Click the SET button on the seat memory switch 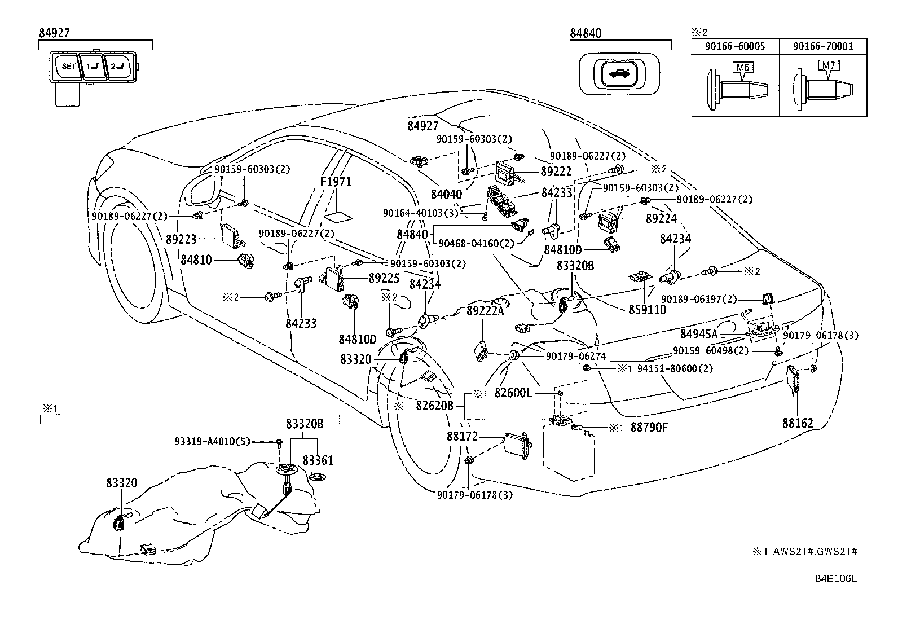68,67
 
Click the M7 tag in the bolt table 827,65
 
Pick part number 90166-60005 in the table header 736,46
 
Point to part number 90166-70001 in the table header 823,46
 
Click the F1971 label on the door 336,182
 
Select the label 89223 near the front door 182,239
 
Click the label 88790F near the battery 649,428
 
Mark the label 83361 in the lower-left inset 318,460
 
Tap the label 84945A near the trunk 699,334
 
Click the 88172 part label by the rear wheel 462,436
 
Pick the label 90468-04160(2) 477,244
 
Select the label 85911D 647,310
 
